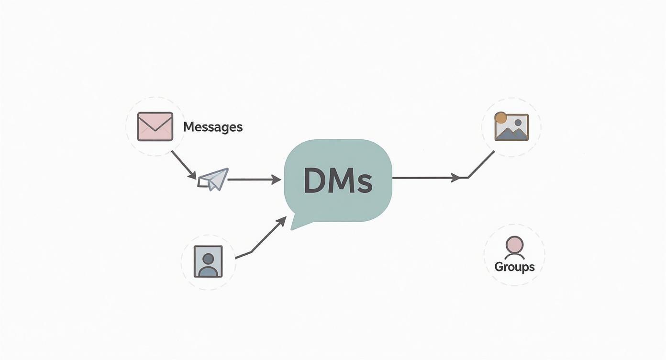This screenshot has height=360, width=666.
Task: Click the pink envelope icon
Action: click(155, 126)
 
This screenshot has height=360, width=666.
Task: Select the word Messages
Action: click(213, 127)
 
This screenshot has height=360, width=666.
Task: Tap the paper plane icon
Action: click(214, 179)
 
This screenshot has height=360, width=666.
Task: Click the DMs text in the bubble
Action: click(338, 181)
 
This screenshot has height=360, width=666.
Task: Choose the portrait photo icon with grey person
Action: click(208, 261)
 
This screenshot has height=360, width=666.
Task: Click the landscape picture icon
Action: click(512, 127)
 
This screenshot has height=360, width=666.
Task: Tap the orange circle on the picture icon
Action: click(500, 118)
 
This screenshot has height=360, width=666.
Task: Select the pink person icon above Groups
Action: click(514, 246)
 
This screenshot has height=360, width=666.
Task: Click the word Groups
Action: click(514, 267)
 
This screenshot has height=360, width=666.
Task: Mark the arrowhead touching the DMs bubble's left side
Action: click(276, 180)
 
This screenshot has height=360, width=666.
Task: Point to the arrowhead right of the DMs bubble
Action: click(455, 178)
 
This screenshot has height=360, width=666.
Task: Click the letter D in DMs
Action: click(315, 181)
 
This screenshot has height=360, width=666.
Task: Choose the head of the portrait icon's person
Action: click(208, 258)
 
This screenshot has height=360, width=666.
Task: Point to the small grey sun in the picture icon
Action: click(518, 122)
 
